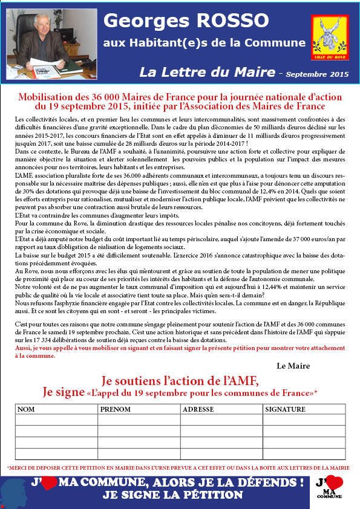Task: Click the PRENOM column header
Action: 113,409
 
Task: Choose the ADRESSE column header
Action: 198,409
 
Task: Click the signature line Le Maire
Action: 293,366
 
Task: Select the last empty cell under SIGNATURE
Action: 304,454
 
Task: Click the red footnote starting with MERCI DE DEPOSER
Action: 179,468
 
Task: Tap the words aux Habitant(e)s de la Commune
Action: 204,42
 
